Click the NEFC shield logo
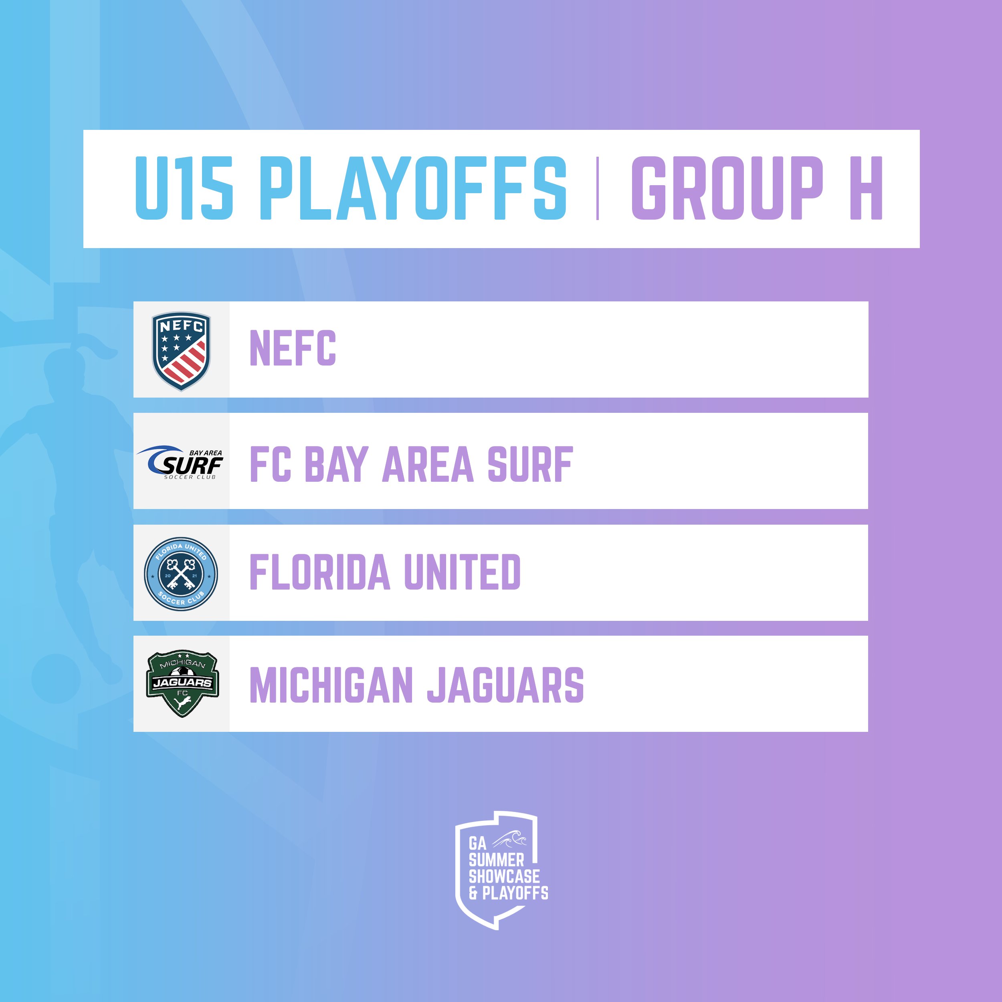click(x=181, y=351)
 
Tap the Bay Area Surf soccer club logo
click(x=180, y=462)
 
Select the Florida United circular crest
click(x=181, y=574)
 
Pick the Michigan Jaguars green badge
click(x=182, y=683)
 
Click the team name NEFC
click(x=293, y=348)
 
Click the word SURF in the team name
click(x=530, y=464)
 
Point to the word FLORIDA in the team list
click(x=319, y=572)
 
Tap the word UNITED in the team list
click(x=462, y=572)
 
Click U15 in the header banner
click(x=184, y=188)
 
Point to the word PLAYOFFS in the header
click(x=413, y=188)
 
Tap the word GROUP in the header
click(x=727, y=188)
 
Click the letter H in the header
click(x=866, y=188)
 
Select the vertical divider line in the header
click(x=598, y=188)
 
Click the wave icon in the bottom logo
click(x=510, y=839)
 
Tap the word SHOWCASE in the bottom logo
click(x=504, y=877)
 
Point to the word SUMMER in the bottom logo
click(x=496, y=860)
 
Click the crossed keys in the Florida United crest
click(x=181, y=574)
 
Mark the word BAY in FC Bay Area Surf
click(x=337, y=464)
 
